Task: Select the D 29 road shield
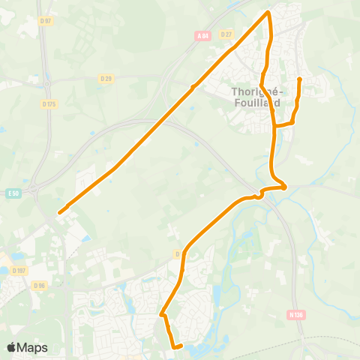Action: click(106, 78)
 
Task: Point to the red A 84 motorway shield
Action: click(202, 35)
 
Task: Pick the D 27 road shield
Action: click(226, 34)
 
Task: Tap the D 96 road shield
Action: click(39, 285)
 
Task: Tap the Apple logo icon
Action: click(12, 347)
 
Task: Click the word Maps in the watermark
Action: click(33, 347)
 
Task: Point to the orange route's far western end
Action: click(59, 212)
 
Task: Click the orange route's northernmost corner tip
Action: click(268, 13)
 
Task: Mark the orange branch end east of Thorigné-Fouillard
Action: click(299, 78)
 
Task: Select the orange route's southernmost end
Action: click(181, 346)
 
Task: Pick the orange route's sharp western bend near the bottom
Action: click(161, 314)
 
